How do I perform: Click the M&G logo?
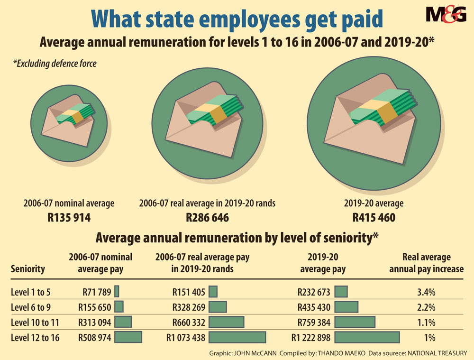tap(446, 14)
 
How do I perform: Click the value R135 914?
tap(69, 218)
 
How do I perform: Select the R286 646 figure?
tap(207, 218)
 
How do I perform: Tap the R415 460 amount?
tap(374, 218)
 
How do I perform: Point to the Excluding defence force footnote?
tap(55, 63)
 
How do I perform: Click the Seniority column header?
tap(27, 269)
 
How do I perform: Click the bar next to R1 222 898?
tap(367, 338)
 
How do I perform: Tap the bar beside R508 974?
tap(128, 337)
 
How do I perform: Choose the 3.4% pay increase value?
tap(426, 291)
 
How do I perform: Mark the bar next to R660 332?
tap(227, 323)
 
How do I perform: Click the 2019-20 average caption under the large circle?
tap(374, 203)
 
